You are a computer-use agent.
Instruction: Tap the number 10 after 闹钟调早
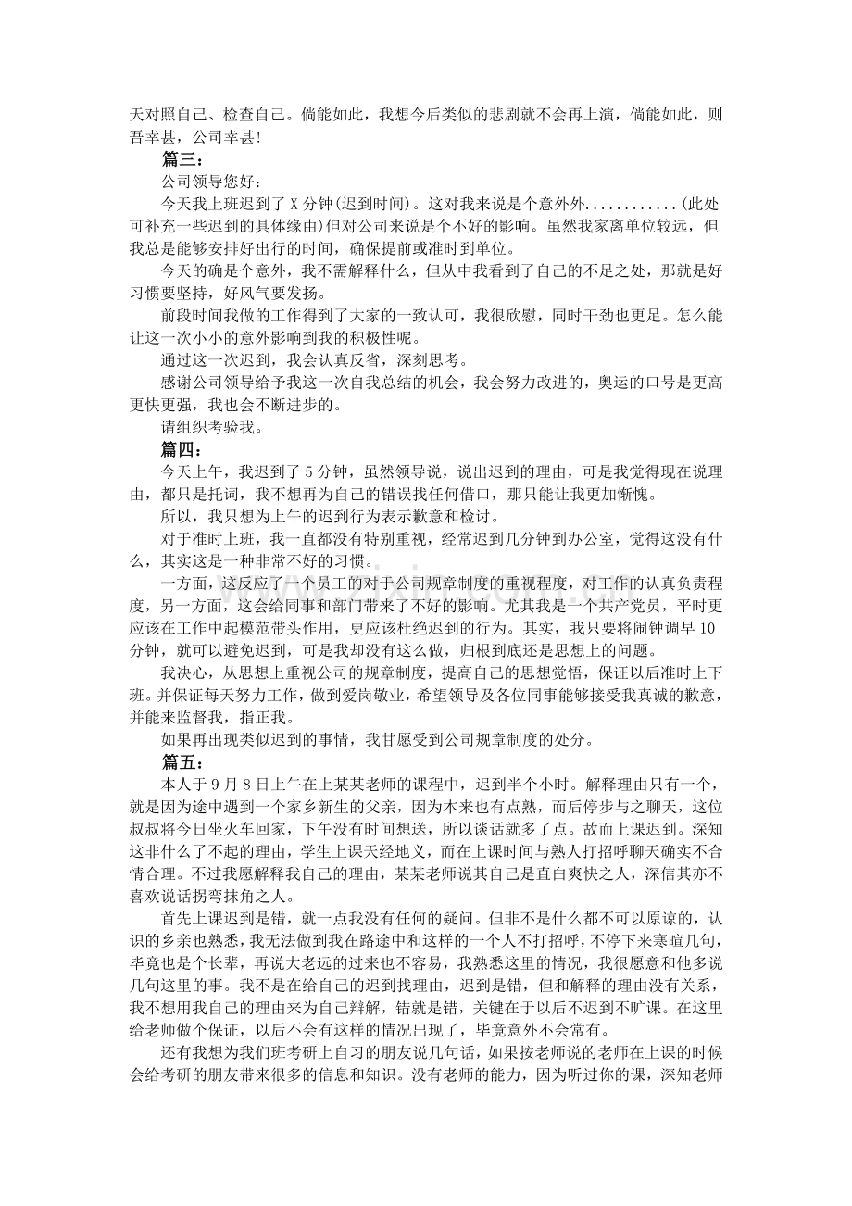706,628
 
